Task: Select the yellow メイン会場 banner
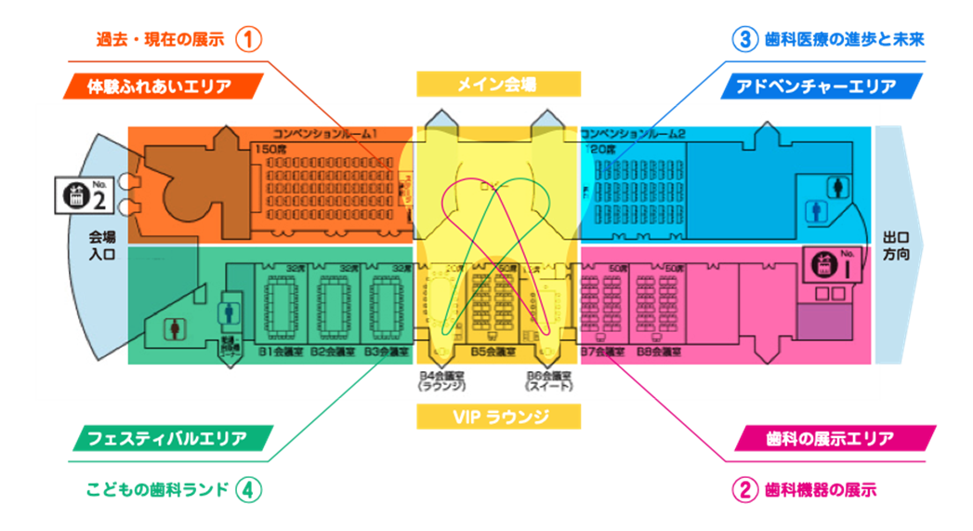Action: pyautogui.click(x=498, y=85)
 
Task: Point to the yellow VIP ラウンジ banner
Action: pyautogui.click(x=498, y=417)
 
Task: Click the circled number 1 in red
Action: pyautogui.click(x=249, y=40)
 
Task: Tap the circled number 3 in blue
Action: pyautogui.click(x=744, y=40)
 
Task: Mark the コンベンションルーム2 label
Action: pyautogui.click(x=632, y=134)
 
